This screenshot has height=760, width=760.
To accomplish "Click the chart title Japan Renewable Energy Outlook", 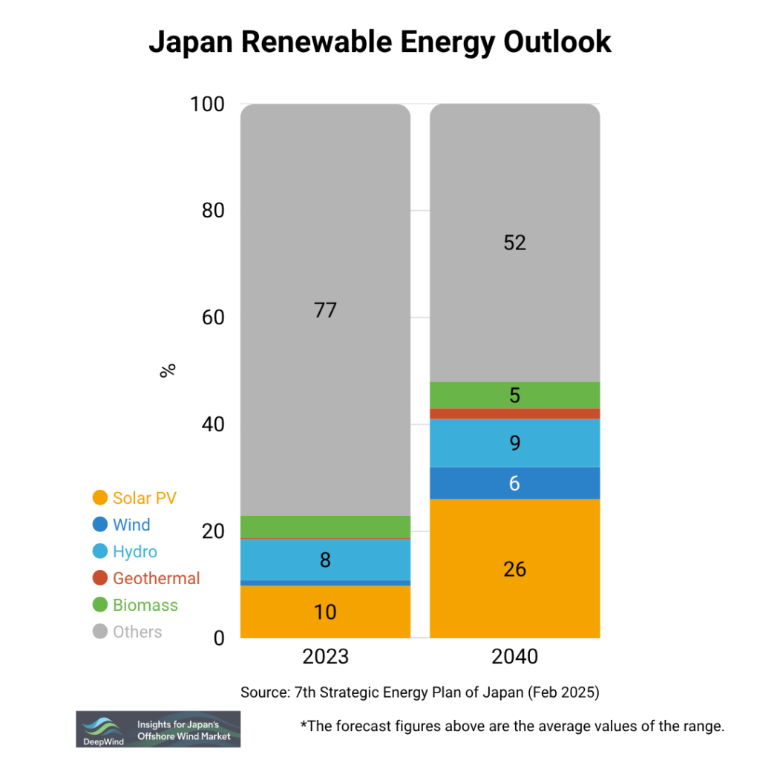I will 379,42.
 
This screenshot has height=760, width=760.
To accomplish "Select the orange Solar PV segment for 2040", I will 514,569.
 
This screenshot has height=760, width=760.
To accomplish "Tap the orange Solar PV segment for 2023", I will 325,612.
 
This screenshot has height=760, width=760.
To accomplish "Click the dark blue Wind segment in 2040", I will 514,483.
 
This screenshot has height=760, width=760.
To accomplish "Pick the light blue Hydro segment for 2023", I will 325,560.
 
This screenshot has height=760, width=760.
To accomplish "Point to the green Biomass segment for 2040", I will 514,395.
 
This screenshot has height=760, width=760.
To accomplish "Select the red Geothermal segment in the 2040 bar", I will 514,413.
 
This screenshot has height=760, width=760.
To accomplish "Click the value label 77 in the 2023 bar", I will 325,309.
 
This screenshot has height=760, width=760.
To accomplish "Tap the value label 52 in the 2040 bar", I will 514,243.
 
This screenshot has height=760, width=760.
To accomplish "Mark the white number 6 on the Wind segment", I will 514,483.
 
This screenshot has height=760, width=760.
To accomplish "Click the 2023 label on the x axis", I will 325,658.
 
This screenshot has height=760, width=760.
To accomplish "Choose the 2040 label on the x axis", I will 514,658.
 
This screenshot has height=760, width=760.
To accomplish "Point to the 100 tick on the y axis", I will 207,105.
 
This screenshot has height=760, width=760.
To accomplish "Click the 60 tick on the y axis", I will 213,318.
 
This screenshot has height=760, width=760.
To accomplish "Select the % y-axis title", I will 168,370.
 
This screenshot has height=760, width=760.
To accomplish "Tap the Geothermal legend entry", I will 146,578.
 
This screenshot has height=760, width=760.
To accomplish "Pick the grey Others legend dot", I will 99,632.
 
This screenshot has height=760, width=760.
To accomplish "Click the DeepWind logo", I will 158,729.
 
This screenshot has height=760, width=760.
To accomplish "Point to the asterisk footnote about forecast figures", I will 511,727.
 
